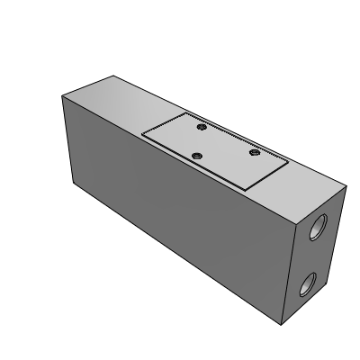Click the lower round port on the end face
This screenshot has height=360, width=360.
tap(305, 287)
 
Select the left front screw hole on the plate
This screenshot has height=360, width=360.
tap(197, 157)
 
